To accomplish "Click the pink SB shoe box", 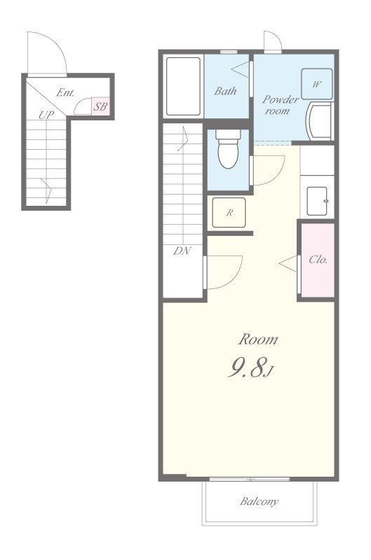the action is [100, 106].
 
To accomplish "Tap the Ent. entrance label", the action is [65, 93].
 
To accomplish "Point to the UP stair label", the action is [46, 115].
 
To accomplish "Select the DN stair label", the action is [182, 251].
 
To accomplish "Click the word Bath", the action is [225, 91].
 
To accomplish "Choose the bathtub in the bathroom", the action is [183, 86].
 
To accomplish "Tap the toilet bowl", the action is [229, 148].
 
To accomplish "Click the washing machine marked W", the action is [316, 84].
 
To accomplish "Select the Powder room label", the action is [280, 104].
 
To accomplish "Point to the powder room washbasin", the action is [319, 121].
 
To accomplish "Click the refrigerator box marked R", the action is [229, 213].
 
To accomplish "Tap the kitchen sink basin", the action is [317, 201].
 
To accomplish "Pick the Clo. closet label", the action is [318, 259].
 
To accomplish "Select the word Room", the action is [258, 339].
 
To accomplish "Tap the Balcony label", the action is [259, 502].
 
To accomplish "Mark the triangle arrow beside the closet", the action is [288, 264].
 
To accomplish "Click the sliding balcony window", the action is [250, 479].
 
